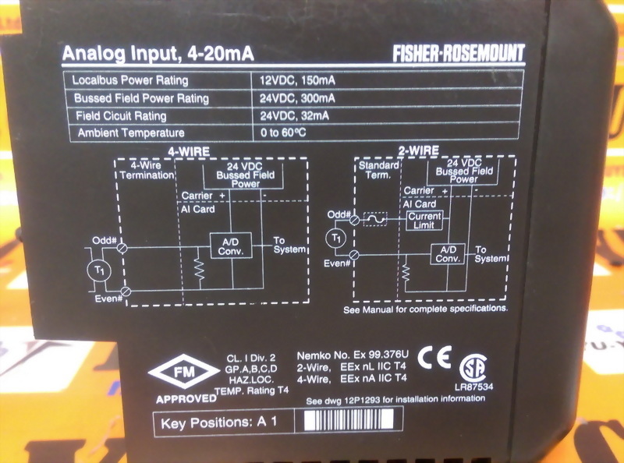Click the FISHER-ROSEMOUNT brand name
coord(459,53)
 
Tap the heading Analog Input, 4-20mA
coord(158,55)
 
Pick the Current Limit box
coord(424,220)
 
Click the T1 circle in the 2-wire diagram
coord(337,235)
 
